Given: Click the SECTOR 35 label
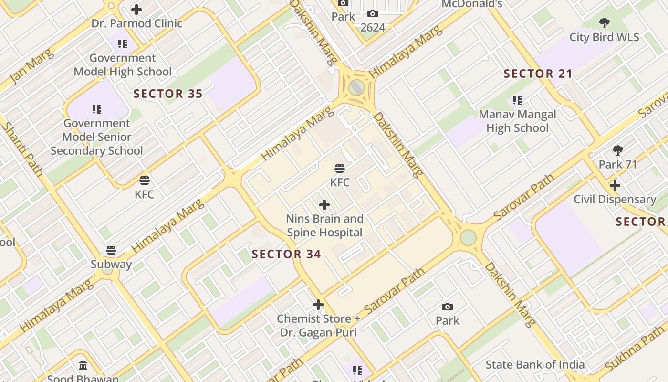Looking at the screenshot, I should tap(168, 94).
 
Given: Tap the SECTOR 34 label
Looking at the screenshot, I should tap(286, 254).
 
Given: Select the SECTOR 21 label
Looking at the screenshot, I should tap(538, 74).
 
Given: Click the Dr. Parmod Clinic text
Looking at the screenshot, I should tap(137, 23).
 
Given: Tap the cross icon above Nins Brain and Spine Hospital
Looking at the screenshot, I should tap(324, 205).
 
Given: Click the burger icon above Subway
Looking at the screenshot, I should tap(111, 250).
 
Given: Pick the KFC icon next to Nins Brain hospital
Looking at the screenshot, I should tap(340, 169).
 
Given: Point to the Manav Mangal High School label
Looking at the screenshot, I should tap(517, 121).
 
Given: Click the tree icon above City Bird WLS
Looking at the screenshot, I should tap(605, 22).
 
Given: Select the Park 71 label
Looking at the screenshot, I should tap(618, 164).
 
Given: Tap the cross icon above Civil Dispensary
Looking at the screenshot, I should tap(615, 185).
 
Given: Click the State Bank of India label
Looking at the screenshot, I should tap(535, 365).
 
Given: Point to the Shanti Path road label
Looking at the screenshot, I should tap(23, 149).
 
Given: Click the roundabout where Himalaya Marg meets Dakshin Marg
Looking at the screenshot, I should tap(356, 87).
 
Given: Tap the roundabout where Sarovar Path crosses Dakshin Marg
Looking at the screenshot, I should tap(468, 237).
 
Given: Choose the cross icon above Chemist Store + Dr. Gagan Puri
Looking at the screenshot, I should tap(318, 305).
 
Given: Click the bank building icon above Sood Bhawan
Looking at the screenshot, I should tap(83, 366).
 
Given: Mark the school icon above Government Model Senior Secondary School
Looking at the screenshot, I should tap(97, 109).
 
